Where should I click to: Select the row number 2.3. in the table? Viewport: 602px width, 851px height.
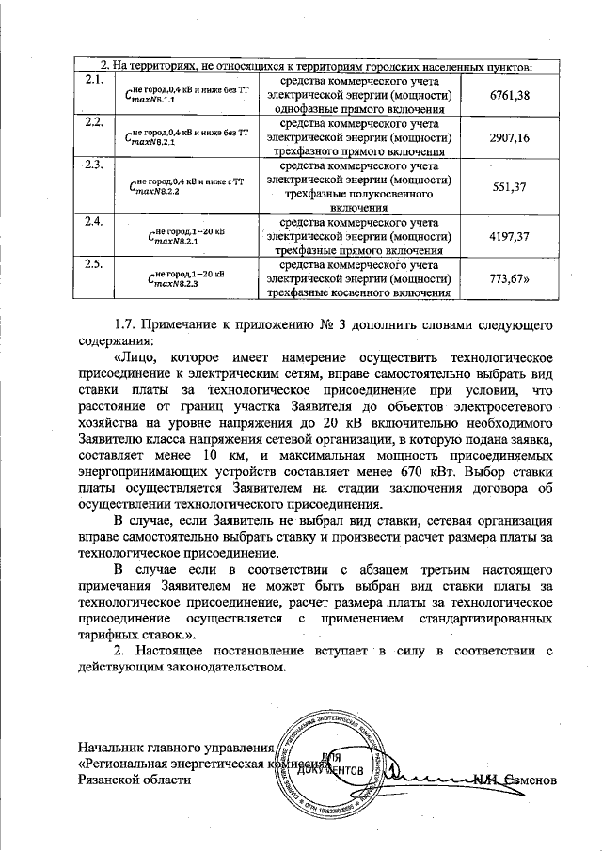93,165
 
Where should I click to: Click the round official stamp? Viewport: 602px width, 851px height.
332,763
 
